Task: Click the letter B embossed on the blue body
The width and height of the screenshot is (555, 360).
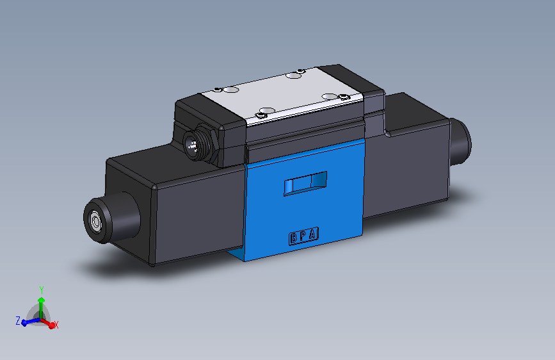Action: [x=294, y=238]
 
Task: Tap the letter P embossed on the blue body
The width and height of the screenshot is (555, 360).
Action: [x=303, y=237]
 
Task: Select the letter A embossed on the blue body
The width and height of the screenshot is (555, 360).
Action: [x=312, y=235]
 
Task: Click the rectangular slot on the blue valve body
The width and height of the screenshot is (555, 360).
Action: [x=305, y=183]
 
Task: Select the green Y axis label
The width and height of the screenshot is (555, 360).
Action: [x=41, y=290]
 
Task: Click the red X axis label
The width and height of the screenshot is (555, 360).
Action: [x=56, y=325]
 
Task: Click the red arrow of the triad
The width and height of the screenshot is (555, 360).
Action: [x=49, y=323]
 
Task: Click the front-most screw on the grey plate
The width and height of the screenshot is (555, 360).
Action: [x=261, y=115]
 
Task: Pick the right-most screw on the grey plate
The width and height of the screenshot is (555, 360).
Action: [x=346, y=97]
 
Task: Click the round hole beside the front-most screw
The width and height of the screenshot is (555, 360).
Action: [x=265, y=109]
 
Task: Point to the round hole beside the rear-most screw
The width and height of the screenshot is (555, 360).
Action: [x=293, y=76]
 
